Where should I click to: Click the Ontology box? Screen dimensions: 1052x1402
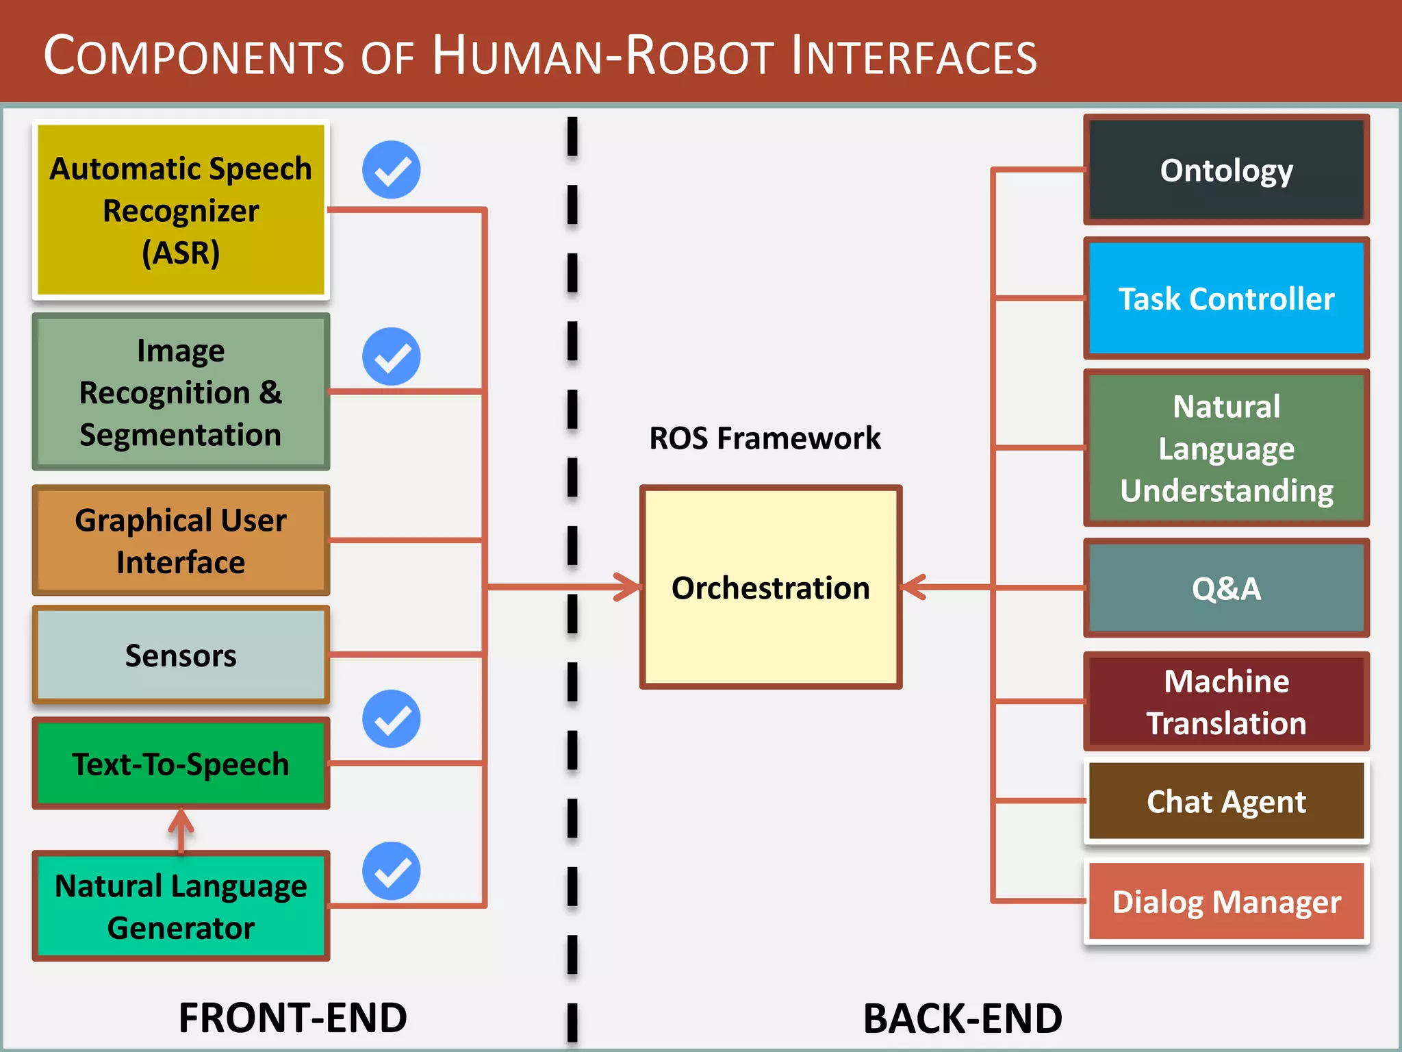coord(1226,170)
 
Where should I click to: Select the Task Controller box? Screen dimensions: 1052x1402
coord(1226,299)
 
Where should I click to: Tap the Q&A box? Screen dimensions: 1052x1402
coord(1226,588)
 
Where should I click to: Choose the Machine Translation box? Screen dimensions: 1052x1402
coord(1226,702)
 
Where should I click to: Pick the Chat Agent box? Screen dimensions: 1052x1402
coord(1226,801)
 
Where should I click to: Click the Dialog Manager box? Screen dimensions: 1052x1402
coord(1226,902)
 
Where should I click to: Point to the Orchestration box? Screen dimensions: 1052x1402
coord(770,588)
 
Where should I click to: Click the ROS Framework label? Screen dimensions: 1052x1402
coord(765,438)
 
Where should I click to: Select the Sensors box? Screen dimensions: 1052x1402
coord(181,655)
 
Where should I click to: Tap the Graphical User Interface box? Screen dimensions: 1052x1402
coord(181,540)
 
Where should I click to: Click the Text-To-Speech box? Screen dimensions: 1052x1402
coord(181,764)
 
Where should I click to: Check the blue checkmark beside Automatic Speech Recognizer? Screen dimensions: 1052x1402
coord(392,170)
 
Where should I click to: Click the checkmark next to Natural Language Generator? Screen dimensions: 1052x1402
coord(392,871)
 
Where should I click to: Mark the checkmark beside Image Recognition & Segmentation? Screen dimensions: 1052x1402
coord(392,356)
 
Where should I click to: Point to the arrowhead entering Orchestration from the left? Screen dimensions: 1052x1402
coord(627,587)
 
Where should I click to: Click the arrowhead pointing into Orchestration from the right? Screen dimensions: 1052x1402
coord(915,587)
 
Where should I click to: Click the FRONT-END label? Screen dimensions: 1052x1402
coord(292,1018)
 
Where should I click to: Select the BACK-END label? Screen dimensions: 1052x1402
coord(963,1018)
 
